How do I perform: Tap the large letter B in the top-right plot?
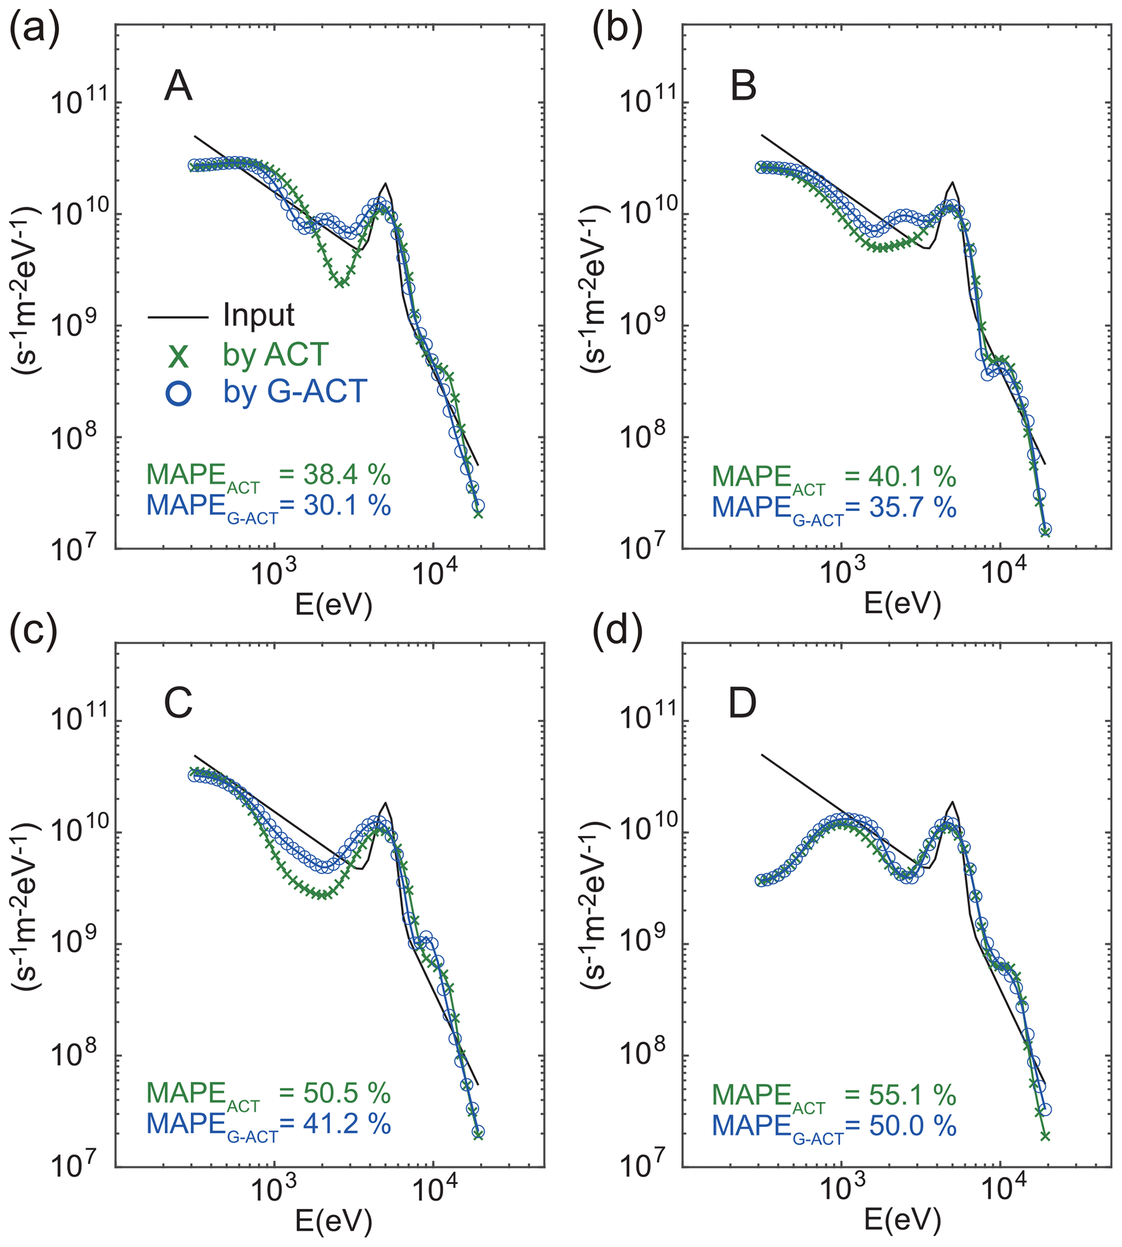click(743, 86)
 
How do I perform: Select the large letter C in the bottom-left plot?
click(178, 703)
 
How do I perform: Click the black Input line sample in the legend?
click(178, 317)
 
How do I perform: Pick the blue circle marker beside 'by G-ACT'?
click(179, 393)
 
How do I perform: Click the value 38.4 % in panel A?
click(347, 475)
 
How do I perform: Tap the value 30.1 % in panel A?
click(347, 505)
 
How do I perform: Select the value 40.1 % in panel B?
click(912, 476)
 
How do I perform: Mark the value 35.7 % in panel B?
click(912, 507)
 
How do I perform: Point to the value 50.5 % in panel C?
click(347, 1093)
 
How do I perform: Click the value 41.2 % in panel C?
click(347, 1124)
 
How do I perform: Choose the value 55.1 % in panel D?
click(912, 1095)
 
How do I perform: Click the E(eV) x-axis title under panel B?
click(903, 602)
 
